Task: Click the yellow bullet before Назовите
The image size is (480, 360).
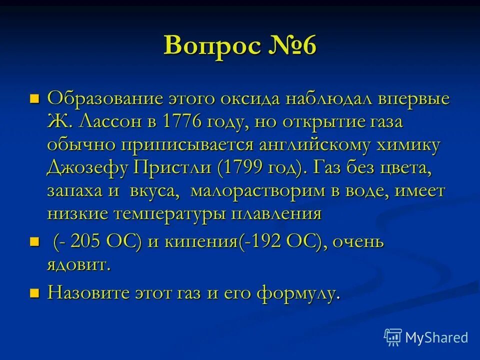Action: pyautogui.click(x=34, y=292)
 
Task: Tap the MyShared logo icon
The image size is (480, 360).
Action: pyautogui.click(x=392, y=337)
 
